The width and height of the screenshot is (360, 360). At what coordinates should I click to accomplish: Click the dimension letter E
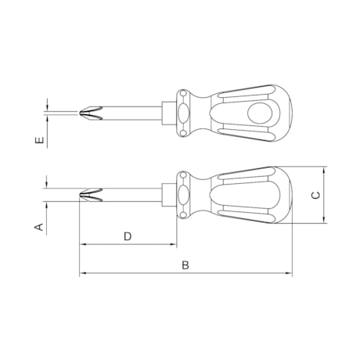click(x=38, y=142)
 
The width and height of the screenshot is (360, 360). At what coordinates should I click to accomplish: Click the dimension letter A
click(x=38, y=227)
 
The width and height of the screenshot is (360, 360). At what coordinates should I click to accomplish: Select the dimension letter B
click(x=185, y=265)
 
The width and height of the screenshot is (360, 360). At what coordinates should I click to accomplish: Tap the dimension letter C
click(x=315, y=196)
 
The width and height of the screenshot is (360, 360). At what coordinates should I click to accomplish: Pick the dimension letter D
click(x=128, y=236)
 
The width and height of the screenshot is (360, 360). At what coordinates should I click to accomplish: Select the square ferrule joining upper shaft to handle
click(x=167, y=113)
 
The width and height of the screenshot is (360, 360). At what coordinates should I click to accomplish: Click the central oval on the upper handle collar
click(x=185, y=113)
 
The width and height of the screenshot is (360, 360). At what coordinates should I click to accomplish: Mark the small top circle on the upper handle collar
click(x=185, y=95)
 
